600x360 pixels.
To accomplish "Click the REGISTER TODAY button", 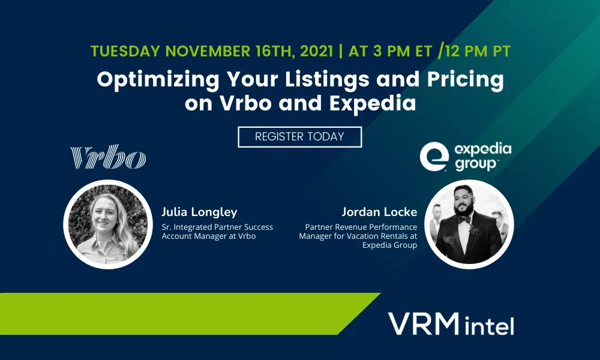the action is pyautogui.click(x=299, y=137).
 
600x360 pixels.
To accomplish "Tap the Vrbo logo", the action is pyautogui.click(x=108, y=156).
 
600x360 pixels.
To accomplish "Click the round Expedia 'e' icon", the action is pyautogui.click(x=434, y=156).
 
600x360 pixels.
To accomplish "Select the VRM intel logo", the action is pyautogui.click(x=451, y=324).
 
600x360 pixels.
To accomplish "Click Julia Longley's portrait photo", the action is pyautogui.click(x=108, y=224).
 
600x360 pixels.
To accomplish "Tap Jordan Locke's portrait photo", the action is pyautogui.click(x=469, y=224).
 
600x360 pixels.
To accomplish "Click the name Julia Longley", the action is pyautogui.click(x=199, y=212).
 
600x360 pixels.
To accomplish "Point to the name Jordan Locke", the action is pyautogui.click(x=379, y=212).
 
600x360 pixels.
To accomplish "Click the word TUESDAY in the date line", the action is pyautogui.click(x=125, y=51).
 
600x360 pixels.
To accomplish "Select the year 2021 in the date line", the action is pyautogui.click(x=316, y=51).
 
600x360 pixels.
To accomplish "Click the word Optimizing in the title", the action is pyautogui.click(x=158, y=80).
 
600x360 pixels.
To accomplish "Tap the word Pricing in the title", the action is pyautogui.click(x=466, y=80).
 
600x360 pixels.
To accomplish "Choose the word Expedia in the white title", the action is pyautogui.click(x=373, y=103).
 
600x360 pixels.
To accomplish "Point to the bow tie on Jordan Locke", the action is pyautogui.click(x=464, y=220).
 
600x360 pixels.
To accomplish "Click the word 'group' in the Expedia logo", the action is pyautogui.click(x=476, y=164).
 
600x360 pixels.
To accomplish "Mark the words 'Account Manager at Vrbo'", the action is pyautogui.click(x=209, y=236).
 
